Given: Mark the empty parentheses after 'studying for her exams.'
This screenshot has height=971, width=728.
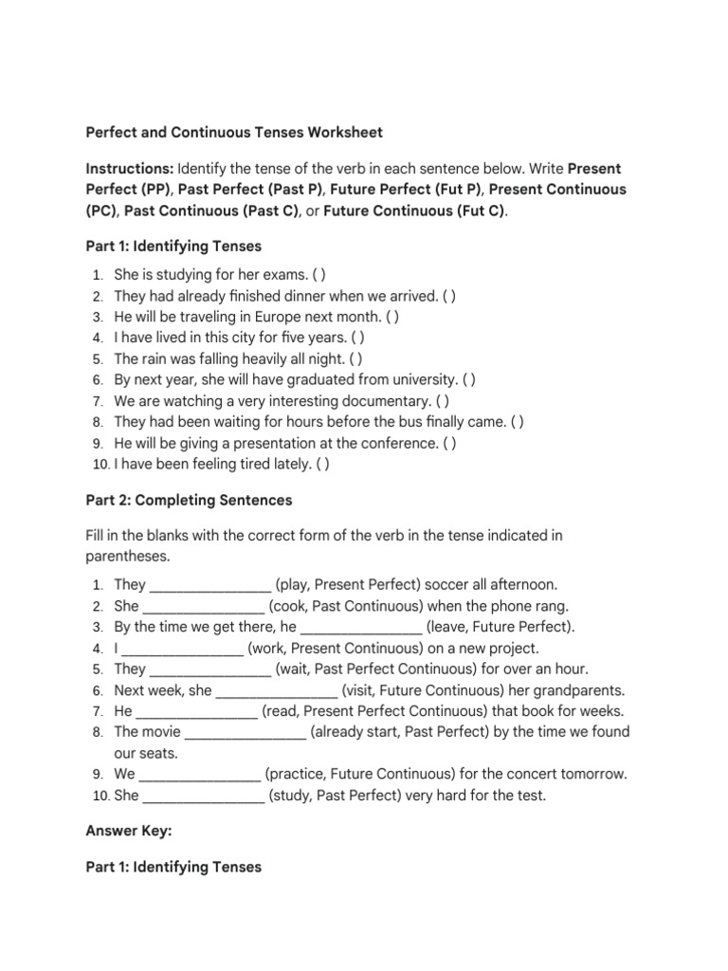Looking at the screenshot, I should [319, 274].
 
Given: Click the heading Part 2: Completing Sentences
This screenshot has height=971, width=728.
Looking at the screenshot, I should [189, 499].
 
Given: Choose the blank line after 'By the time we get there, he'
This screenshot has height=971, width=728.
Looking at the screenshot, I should [361, 627].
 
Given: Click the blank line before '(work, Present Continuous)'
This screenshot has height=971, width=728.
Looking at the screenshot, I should [183, 649].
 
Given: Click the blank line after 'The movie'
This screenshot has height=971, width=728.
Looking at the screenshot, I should [246, 732].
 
